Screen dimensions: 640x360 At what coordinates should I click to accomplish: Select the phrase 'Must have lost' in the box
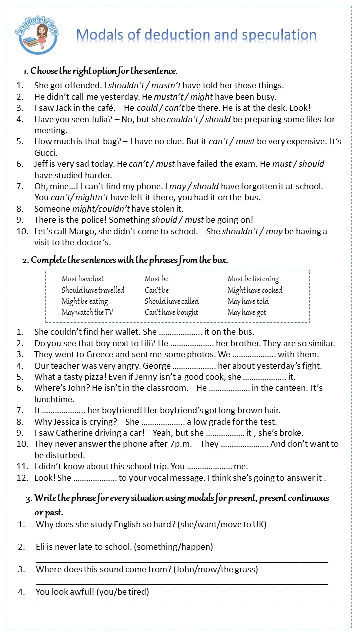point(83,279)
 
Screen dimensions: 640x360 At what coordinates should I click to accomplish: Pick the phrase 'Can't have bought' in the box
point(171,312)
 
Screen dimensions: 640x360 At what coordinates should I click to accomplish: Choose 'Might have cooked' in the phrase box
point(255,290)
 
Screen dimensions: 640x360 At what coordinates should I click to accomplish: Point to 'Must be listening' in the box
point(253,279)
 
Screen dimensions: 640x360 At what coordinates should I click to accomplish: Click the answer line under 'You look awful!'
point(182,605)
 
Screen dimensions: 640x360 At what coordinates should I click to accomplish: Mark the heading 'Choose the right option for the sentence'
point(104,71)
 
